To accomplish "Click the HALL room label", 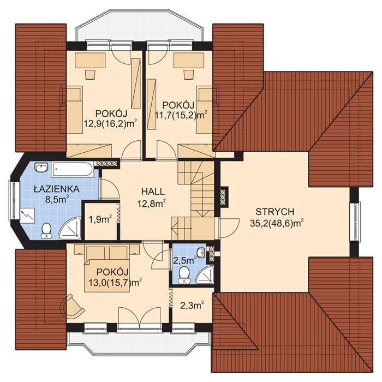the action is (x=153, y=191).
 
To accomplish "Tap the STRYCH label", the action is (x=275, y=212).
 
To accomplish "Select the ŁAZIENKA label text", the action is (x=57, y=189).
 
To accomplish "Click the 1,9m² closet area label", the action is (x=100, y=220).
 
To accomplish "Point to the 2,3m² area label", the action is (x=192, y=305).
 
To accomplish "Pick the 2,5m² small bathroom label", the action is (x=184, y=261).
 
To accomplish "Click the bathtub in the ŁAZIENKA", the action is (x=73, y=169).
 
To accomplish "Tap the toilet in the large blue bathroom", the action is (x=46, y=230).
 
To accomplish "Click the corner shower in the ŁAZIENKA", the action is (x=70, y=228).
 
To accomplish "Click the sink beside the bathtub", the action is (x=41, y=168).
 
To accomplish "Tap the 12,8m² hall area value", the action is (x=152, y=202).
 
